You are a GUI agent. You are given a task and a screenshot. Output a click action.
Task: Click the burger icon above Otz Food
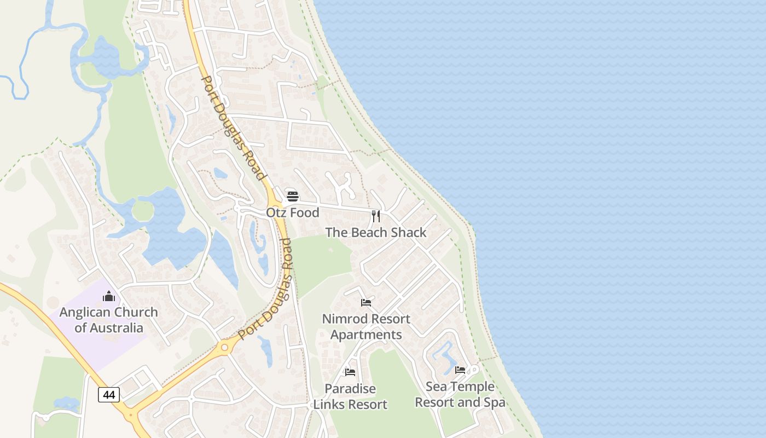pyautogui.click(x=293, y=197)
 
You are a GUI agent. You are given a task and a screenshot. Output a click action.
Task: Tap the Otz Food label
pyautogui.click(x=293, y=212)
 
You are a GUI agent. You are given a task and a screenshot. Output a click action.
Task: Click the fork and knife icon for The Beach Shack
pyautogui.click(x=375, y=216)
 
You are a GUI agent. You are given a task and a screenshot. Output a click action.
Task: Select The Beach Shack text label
pyautogui.click(x=376, y=232)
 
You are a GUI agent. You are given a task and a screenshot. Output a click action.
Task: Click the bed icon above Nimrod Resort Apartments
pyautogui.click(x=366, y=302)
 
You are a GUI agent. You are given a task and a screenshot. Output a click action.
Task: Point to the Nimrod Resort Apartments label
pyautogui.click(x=366, y=326)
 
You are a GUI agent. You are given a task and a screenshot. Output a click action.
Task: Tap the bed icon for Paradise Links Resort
pyautogui.click(x=350, y=372)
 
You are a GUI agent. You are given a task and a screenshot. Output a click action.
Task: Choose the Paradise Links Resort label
pyautogui.click(x=350, y=396)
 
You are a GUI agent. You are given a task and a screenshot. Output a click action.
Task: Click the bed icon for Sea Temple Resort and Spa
pyautogui.click(x=460, y=370)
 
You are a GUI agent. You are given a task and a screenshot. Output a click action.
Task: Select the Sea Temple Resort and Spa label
pyautogui.click(x=460, y=394)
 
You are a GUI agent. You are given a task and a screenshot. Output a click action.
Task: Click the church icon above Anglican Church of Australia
pyautogui.click(x=109, y=296)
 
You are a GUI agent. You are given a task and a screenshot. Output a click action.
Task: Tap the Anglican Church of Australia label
pyautogui.click(x=109, y=320)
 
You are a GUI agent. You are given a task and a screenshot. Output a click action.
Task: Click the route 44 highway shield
pyautogui.click(x=109, y=394)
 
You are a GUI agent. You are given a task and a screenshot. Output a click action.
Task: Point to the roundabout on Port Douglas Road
pyautogui.click(x=224, y=347)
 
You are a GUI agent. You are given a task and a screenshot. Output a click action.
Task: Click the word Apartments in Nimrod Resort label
pyautogui.click(x=366, y=335)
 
